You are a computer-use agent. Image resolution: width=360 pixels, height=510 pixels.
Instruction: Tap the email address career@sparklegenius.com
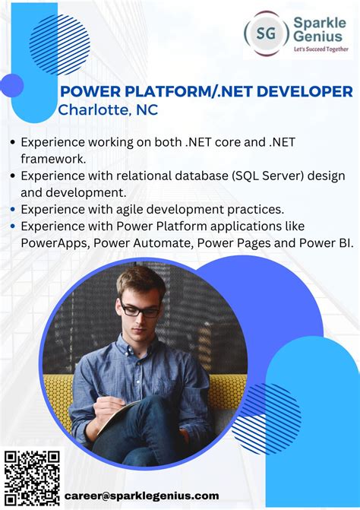141,495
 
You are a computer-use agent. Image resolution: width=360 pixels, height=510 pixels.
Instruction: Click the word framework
53,158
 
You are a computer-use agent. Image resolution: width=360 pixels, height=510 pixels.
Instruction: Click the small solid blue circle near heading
12,85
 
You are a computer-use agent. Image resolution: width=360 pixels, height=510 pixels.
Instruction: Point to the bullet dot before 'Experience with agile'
13,209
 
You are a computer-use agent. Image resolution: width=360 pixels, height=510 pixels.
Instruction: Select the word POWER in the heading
85,92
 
